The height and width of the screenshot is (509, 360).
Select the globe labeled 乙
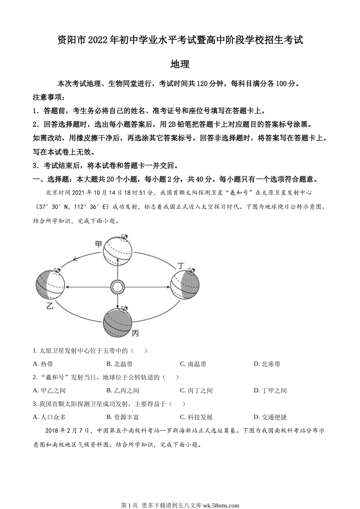click(x=50, y=285)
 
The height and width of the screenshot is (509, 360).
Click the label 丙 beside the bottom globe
click(x=135, y=333)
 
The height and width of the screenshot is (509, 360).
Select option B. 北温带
click(x=119, y=364)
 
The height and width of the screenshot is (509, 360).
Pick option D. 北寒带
click(x=267, y=364)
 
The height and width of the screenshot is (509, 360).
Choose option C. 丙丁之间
click(x=196, y=390)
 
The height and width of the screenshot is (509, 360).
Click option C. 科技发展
click(x=196, y=417)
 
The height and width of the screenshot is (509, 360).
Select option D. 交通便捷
click(x=270, y=417)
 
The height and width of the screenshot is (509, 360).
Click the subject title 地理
click(x=180, y=64)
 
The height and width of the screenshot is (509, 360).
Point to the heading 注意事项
click(x=49, y=97)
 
